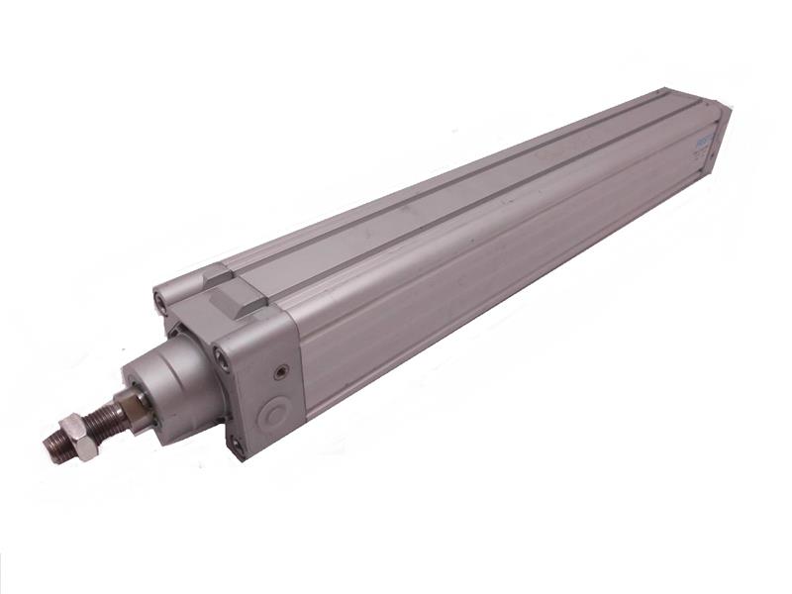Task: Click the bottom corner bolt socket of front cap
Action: tap(238, 446)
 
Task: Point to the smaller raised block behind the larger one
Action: tap(214, 274)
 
